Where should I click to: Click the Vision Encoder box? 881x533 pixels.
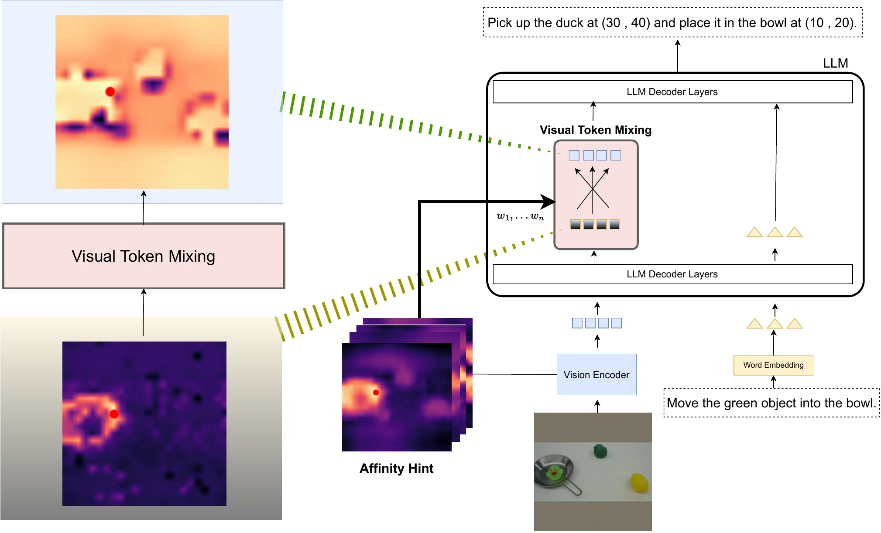tap(596, 374)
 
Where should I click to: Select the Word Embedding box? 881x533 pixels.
tap(773, 365)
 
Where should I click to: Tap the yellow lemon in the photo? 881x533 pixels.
tap(640, 483)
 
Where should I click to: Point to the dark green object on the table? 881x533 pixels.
tap(600, 451)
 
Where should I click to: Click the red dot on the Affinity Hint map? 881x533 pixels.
tap(376, 392)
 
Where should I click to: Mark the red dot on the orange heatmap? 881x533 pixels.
tap(110, 92)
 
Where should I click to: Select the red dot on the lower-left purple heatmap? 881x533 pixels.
tap(114, 414)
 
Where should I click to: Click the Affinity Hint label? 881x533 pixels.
tap(396, 468)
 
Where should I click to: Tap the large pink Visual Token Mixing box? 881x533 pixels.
tap(144, 256)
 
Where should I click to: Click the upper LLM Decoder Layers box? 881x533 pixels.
tap(672, 92)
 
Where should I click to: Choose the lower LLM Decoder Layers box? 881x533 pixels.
tap(672, 274)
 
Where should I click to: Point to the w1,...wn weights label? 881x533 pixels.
tap(520, 216)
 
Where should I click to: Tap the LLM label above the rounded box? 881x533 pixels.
tap(835, 63)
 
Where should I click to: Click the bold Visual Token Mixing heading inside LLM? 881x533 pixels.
tap(596, 130)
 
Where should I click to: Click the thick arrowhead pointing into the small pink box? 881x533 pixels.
tap(549, 202)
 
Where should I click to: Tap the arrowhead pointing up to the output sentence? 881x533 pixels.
tap(678, 43)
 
